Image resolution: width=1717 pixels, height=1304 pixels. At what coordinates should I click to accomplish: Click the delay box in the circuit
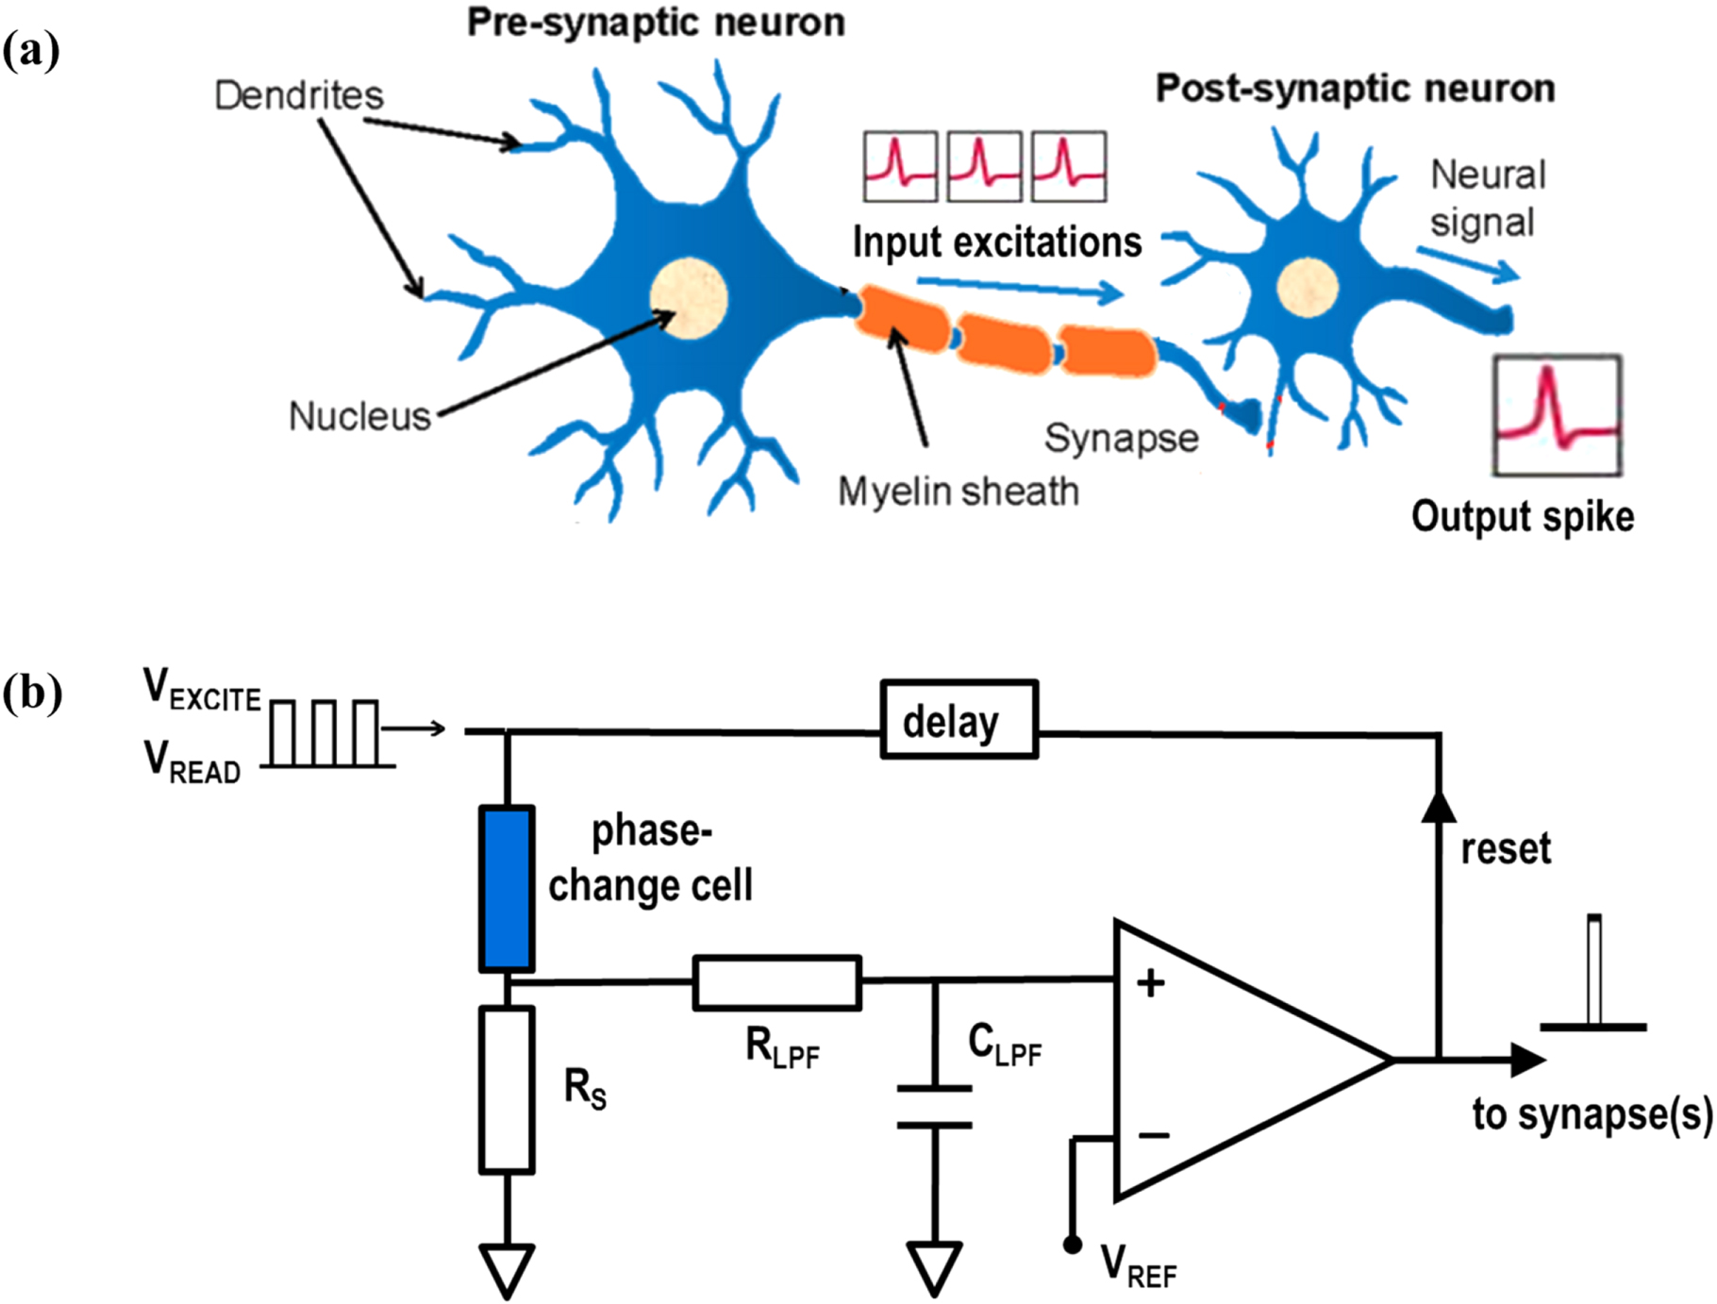(x=959, y=719)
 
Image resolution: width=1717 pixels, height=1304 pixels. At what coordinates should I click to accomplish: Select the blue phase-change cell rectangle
(x=507, y=888)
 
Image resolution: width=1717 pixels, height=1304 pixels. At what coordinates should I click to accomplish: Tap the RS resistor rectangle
(x=507, y=1090)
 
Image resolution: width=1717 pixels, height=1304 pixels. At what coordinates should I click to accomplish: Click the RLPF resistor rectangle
(x=776, y=982)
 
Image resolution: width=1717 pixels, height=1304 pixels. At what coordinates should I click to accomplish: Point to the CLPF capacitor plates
(x=934, y=1107)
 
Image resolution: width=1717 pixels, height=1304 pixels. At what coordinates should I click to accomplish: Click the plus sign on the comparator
(x=1150, y=984)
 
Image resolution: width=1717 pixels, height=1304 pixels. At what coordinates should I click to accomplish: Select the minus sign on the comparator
(x=1154, y=1135)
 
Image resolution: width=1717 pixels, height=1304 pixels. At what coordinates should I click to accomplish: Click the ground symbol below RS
(x=507, y=1269)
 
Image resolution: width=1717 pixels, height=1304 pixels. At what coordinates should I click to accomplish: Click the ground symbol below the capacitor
(x=934, y=1267)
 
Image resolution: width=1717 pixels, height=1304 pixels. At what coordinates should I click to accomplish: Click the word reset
(x=1505, y=848)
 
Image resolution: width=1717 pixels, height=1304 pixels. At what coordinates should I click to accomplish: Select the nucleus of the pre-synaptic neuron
(x=689, y=298)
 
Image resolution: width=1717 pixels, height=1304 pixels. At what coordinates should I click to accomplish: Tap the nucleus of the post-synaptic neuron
(x=1307, y=286)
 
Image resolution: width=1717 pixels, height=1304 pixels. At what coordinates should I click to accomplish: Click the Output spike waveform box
(x=1557, y=415)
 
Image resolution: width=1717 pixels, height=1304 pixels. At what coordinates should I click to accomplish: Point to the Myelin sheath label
(x=958, y=492)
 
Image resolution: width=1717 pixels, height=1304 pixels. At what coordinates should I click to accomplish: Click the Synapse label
(x=1121, y=438)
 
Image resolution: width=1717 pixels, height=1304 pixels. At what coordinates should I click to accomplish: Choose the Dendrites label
(x=299, y=95)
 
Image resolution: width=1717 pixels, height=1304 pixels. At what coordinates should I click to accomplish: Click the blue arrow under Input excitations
(x=1019, y=289)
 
